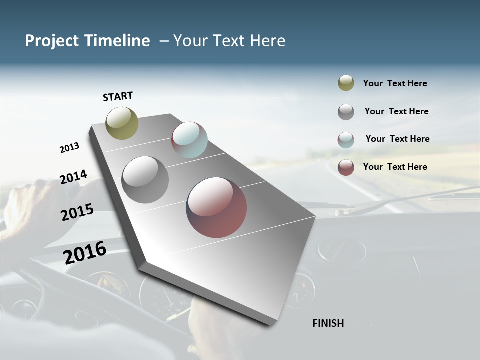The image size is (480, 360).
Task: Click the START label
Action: click(x=118, y=96)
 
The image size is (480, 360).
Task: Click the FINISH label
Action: click(x=328, y=323)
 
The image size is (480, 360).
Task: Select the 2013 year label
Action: click(x=69, y=148)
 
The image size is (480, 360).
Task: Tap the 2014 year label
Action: click(x=73, y=177)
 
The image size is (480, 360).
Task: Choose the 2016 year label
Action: click(x=85, y=252)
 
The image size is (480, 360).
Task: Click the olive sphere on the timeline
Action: click(x=122, y=123)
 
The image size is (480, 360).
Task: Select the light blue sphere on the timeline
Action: click(x=189, y=140)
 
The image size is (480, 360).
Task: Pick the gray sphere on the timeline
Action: click(x=145, y=180)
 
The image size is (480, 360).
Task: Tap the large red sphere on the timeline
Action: click(x=216, y=207)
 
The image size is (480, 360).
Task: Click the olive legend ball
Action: click(x=346, y=83)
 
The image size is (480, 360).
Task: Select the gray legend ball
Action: click(x=346, y=112)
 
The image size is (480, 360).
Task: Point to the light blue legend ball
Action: click(x=346, y=140)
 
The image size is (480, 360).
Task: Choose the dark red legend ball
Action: click(x=346, y=167)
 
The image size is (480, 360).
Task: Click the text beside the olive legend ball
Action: click(x=395, y=83)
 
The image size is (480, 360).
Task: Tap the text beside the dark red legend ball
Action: click(x=395, y=167)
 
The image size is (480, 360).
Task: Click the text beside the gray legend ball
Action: click(x=396, y=111)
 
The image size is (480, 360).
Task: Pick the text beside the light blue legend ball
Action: click(x=397, y=139)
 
